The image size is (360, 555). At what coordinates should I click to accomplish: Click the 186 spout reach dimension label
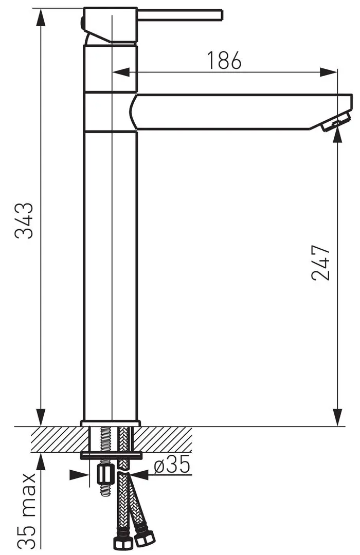click(x=224, y=60)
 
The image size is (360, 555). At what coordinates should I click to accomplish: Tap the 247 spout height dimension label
click(x=321, y=262)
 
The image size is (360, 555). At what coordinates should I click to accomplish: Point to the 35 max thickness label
click(x=26, y=510)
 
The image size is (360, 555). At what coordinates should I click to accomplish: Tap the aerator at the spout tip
click(x=335, y=123)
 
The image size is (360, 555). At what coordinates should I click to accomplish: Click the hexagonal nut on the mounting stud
click(x=106, y=475)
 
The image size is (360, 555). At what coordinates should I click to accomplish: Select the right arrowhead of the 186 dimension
click(x=328, y=72)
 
